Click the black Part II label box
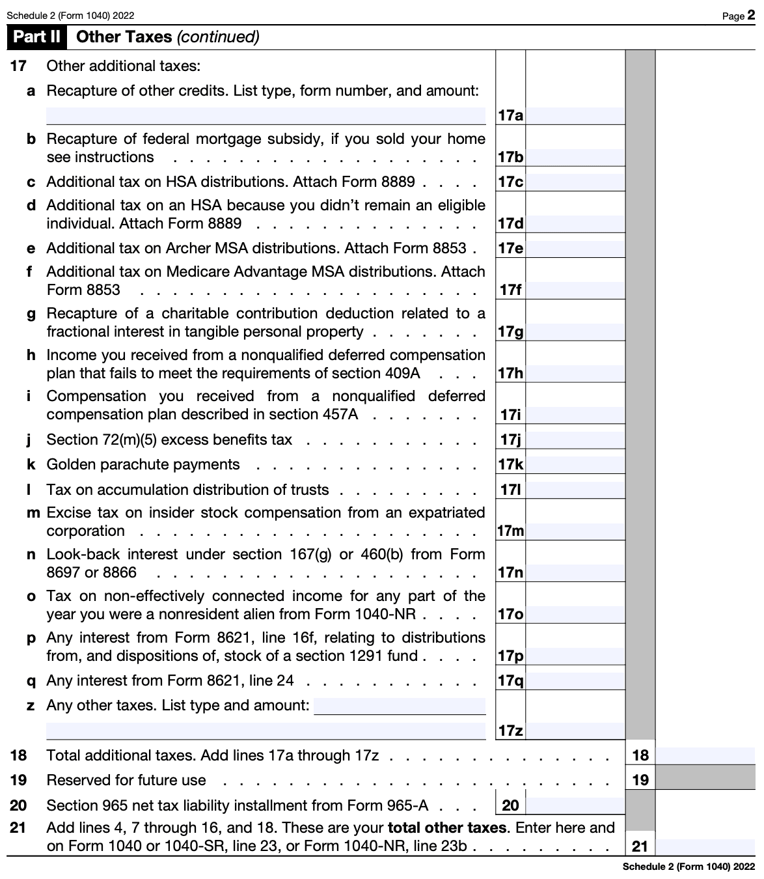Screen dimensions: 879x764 36,37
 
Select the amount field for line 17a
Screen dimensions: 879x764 575,116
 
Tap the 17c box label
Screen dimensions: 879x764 510,182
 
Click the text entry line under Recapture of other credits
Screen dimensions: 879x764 266,116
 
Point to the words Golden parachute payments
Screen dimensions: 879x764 143,465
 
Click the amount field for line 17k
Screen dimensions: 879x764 575,465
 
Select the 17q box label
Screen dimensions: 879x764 510,681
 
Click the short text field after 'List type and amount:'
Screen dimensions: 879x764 400,706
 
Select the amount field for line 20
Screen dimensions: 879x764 575,805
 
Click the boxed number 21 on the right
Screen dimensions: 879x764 640,846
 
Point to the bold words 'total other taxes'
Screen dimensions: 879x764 446,828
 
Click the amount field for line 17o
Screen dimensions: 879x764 575,615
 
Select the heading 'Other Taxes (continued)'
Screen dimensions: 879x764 167,37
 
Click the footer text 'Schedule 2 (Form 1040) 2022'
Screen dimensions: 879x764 689,867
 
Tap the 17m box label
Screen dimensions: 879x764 510,531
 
